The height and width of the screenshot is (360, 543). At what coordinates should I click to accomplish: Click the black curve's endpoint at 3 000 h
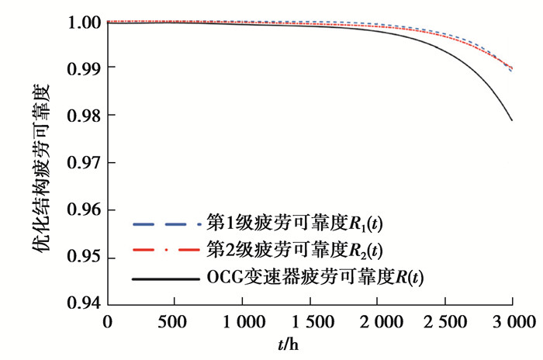[512, 120]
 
